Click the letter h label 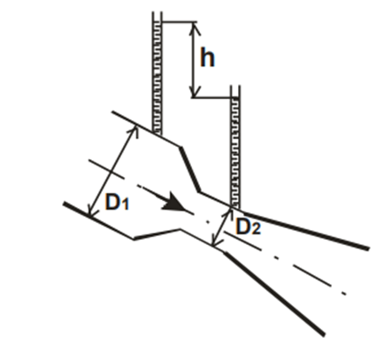[x=208, y=57]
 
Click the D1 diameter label [x=117, y=203]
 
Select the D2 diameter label [x=249, y=227]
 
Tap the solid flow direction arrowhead [x=174, y=203]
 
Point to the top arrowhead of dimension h [x=194, y=27]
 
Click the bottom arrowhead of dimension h [x=194, y=91]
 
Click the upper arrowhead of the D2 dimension [x=229, y=211]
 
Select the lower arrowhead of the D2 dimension [x=215, y=241]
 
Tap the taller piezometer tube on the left [x=157, y=73]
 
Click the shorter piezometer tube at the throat [x=235, y=147]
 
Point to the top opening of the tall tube [x=157, y=12]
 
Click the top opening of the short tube [x=235, y=86]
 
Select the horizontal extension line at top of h [x=180, y=21]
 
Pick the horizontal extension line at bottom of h [x=211, y=97]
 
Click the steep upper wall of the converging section [x=190, y=170]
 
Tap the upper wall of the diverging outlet [x=306, y=230]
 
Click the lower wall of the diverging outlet [x=274, y=294]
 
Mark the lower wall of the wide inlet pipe [x=98, y=220]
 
